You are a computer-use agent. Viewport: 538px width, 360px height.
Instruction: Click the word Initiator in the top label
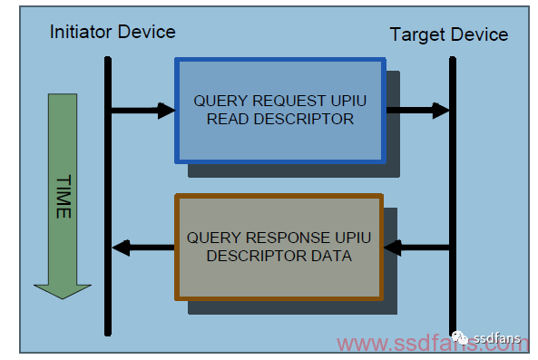[81, 32]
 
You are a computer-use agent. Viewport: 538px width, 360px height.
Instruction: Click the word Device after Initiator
[146, 32]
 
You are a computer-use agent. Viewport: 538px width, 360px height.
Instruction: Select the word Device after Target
[480, 34]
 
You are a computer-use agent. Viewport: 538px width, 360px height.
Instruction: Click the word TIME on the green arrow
[64, 197]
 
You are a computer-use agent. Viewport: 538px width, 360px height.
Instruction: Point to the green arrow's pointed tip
[63, 298]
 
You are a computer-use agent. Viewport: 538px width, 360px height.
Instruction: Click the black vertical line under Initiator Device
[108, 196]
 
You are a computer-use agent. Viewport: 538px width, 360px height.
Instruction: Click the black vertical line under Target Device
[453, 196]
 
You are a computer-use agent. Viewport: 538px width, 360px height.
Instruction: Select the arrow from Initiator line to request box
[143, 111]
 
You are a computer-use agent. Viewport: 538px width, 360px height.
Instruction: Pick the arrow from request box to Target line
[418, 111]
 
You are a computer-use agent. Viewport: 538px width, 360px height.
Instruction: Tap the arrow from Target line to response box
[416, 248]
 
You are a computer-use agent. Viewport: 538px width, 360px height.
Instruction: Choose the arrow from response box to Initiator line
[143, 248]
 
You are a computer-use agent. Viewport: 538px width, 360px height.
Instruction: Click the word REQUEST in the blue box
[289, 101]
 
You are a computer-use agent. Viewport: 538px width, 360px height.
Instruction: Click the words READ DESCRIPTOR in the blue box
[280, 119]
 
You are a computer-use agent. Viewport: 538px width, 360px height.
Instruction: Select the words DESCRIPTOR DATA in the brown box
[279, 256]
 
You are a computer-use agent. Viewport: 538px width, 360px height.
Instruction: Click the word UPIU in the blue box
[348, 101]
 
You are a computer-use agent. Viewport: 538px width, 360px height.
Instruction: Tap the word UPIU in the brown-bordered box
[353, 238]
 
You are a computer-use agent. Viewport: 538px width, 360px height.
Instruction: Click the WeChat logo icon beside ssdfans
[460, 338]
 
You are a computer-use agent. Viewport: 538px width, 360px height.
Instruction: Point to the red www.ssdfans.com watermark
[433, 344]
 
